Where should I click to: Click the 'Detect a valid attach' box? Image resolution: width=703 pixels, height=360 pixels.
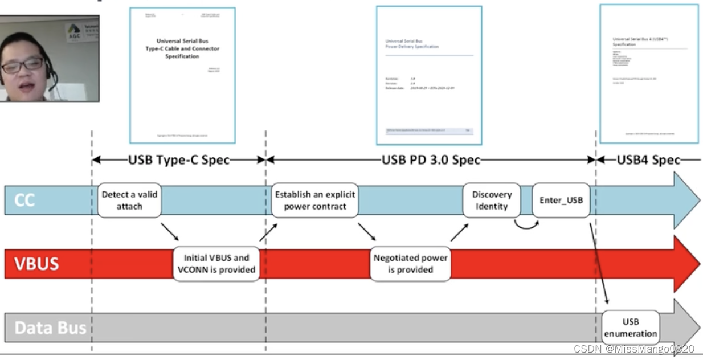tap(129, 200)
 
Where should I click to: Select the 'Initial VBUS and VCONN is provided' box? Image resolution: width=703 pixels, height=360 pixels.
tap(216, 264)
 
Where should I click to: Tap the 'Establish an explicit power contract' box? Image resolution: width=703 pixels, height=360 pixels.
tap(314, 200)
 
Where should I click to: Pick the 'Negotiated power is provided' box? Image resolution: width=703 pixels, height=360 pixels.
tap(410, 264)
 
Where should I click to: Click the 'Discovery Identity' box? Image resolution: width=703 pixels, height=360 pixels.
tap(492, 200)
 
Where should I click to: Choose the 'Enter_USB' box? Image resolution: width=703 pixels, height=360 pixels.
tap(561, 200)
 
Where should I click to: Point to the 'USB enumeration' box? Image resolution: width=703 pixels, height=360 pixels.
tap(631, 328)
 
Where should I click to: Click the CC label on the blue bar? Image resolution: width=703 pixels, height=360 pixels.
tap(24, 200)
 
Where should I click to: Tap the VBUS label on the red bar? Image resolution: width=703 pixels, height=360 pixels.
tap(37, 264)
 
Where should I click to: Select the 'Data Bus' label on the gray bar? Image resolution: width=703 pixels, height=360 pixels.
tap(50, 328)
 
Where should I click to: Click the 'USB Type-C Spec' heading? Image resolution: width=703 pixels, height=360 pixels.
tap(179, 160)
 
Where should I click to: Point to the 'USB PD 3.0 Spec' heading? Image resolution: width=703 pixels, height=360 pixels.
tap(431, 160)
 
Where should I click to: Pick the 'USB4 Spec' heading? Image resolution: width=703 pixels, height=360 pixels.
tap(648, 160)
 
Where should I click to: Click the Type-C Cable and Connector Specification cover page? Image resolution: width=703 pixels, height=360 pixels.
tap(182, 75)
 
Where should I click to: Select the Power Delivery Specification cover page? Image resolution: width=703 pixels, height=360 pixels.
tap(429, 75)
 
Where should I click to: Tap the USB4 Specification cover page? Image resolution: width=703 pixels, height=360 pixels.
tap(649, 73)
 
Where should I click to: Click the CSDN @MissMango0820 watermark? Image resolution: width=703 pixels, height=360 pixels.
tap(633, 349)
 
